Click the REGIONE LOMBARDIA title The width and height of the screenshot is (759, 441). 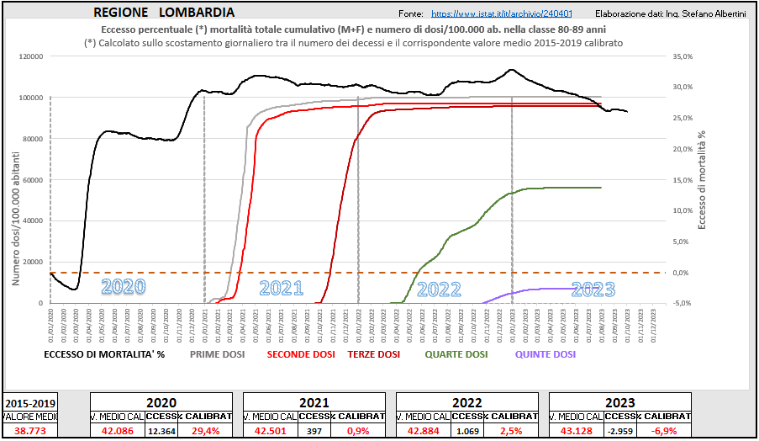(x=164, y=13)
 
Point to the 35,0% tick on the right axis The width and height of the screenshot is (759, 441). (x=683, y=56)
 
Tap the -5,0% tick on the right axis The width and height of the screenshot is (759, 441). (x=683, y=303)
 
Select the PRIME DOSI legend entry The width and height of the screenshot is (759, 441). (x=217, y=355)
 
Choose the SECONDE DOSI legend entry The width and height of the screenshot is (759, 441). (x=301, y=355)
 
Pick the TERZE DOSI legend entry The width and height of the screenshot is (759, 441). (x=374, y=355)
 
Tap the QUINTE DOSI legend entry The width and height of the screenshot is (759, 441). (x=546, y=355)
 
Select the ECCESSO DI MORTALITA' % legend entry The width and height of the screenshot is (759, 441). (x=104, y=355)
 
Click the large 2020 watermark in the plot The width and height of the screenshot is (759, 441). (x=124, y=287)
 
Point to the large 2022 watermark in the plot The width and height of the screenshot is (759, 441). (x=439, y=290)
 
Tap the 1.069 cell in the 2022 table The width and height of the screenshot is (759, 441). (x=467, y=431)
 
